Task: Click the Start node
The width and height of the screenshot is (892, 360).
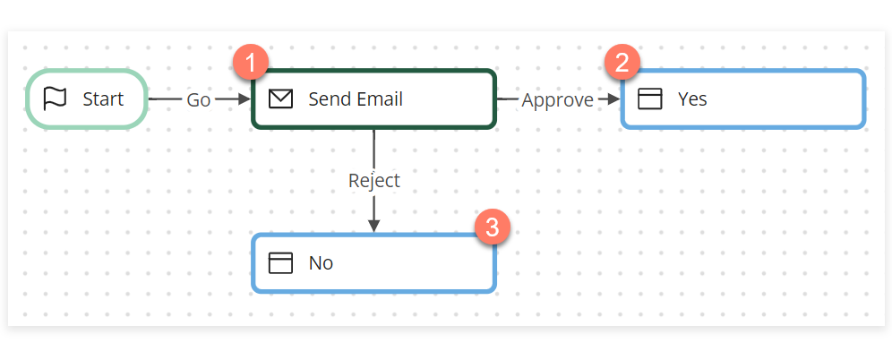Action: point(87,99)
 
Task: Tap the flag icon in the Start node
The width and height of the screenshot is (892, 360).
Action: point(56,99)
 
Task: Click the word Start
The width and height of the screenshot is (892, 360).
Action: point(103,99)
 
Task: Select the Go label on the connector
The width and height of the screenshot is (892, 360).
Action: point(198,99)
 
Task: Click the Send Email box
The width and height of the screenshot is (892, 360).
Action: point(373,99)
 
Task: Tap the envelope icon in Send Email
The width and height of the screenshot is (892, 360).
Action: point(281,99)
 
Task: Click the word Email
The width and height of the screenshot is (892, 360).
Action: point(380,99)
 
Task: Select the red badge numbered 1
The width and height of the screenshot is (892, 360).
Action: point(252,63)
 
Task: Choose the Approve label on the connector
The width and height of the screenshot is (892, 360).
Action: point(557,99)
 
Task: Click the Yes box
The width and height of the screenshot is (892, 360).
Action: point(742,99)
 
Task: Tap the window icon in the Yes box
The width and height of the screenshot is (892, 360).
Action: point(649,99)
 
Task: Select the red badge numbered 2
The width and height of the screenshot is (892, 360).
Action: point(622,63)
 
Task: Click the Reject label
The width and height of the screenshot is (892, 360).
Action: point(373,180)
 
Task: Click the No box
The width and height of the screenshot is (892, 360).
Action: point(373,262)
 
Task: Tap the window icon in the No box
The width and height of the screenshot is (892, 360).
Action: point(281,262)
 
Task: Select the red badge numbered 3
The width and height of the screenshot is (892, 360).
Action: point(491,227)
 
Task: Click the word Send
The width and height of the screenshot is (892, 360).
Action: point(329,99)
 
